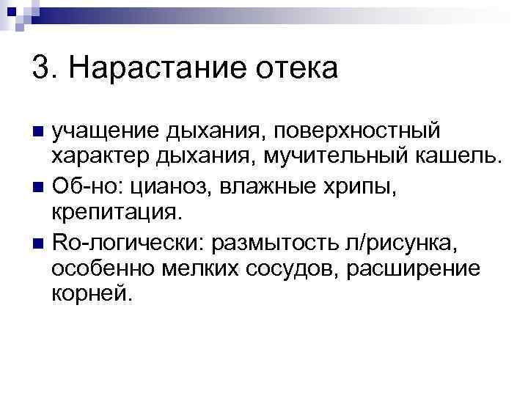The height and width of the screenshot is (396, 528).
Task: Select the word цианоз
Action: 164,186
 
